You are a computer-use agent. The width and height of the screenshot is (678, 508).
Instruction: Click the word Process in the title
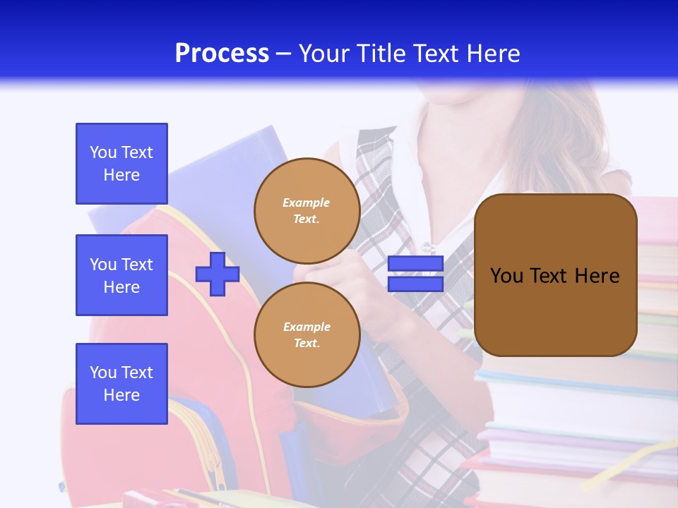pyautogui.click(x=222, y=54)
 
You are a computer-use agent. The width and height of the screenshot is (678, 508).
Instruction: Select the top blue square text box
pyautogui.click(x=121, y=164)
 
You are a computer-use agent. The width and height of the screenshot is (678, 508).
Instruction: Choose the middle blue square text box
pyautogui.click(x=121, y=275)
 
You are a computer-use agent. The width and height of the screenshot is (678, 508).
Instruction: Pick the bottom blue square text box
pyautogui.click(x=121, y=383)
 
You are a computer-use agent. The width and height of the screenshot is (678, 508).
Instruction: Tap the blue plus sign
pyautogui.click(x=218, y=274)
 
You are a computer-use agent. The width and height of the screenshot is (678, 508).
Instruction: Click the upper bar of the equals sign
pyautogui.click(x=415, y=264)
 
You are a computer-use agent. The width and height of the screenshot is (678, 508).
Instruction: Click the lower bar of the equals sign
pyautogui.click(x=415, y=284)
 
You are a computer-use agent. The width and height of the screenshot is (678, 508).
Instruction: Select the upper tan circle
pyautogui.click(x=307, y=211)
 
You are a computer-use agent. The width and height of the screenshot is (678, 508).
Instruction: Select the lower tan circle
pyautogui.click(x=307, y=335)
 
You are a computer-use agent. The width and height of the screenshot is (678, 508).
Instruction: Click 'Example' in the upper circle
pyautogui.click(x=306, y=203)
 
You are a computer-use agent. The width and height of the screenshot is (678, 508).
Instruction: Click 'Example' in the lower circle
pyautogui.click(x=307, y=327)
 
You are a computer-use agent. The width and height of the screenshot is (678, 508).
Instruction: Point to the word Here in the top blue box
pyautogui.click(x=121, y=175)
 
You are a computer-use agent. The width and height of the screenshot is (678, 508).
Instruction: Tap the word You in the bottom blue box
pyautogui.click(x=103, y=373)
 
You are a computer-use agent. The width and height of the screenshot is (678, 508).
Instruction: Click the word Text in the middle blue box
pyautogui.click(x=137, y=265)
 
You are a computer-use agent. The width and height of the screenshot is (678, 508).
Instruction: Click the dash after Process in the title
pyautogui.click(x=283, y=54)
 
